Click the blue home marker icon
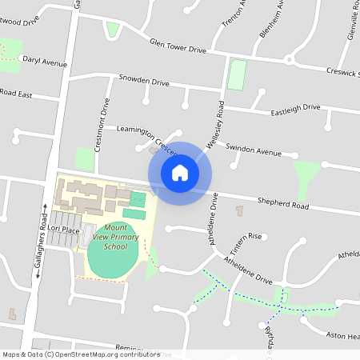[180, 173]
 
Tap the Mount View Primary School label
[115, 238]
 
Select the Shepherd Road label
[282, 205]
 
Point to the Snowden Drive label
[144, 82]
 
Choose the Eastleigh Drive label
[295, 107]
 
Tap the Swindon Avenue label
[254, 150]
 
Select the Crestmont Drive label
[102, 124]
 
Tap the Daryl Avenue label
[45, 62]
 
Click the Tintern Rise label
[246, 237]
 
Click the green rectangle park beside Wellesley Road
[237, 74]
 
